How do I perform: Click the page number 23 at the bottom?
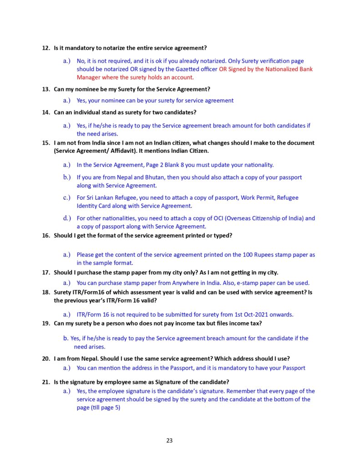click(x=169, y=441)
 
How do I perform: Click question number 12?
click(x=46, y=48)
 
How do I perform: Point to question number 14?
click(x=46, y=112)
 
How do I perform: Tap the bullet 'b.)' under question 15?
click(x=67, y=177)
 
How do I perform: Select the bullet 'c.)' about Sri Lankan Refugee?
click(x=67, y=198)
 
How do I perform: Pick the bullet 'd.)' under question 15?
click(x=67, y=218)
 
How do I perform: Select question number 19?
click(x=46, y=324)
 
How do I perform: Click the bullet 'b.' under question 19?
click(x=66, y=338)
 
